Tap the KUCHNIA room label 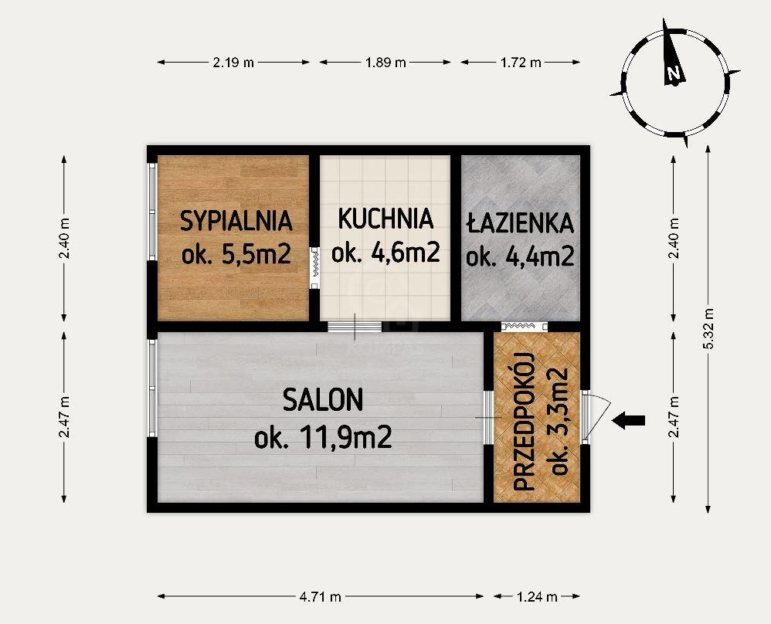[385, 219]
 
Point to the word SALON [323, 399]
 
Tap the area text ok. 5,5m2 [236, 255]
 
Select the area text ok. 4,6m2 [385, 253]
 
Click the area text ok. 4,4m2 [520, 256]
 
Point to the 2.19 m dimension [233, 63]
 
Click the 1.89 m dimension [385, 63]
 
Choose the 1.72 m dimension [521, 63]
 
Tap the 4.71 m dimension [320, 596]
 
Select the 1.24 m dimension [537, 596]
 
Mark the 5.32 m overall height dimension [708, 329]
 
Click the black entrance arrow [628, 420]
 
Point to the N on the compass [674, 74]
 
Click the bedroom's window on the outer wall [152, 212]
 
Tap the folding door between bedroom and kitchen [314, 268]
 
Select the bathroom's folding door [524, 326]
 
